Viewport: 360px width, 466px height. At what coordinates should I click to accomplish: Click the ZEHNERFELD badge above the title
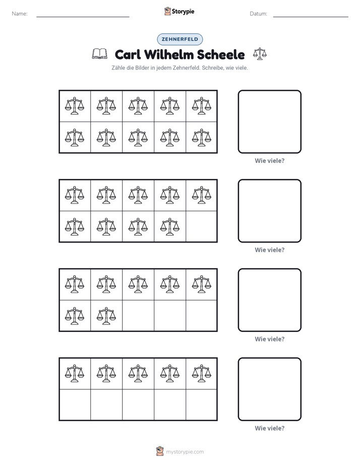(179, 39)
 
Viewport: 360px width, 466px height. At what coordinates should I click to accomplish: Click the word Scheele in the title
(221, 54)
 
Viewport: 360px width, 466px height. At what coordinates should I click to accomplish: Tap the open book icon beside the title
(99, 54)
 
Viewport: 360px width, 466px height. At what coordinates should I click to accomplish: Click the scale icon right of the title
(260, 54)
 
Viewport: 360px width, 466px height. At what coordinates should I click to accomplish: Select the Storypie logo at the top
(179, 12)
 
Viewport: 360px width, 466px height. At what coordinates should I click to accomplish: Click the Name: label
(20, 14)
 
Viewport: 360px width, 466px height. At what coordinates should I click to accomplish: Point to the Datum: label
(259, 14)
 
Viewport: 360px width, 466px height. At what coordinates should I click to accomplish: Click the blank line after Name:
(83, 17)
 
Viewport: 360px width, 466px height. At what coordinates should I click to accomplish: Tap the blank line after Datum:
(311, 17)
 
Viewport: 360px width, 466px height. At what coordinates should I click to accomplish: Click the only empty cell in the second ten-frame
(201, 226)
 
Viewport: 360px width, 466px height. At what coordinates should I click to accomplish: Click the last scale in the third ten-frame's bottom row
(106, 316)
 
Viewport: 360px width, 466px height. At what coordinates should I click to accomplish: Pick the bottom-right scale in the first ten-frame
(201, 138)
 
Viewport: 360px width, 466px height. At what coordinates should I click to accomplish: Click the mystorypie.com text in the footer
(185, 452)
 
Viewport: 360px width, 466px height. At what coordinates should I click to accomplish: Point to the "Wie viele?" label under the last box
(270, 428)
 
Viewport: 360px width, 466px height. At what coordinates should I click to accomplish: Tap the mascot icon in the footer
(160, 451)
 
